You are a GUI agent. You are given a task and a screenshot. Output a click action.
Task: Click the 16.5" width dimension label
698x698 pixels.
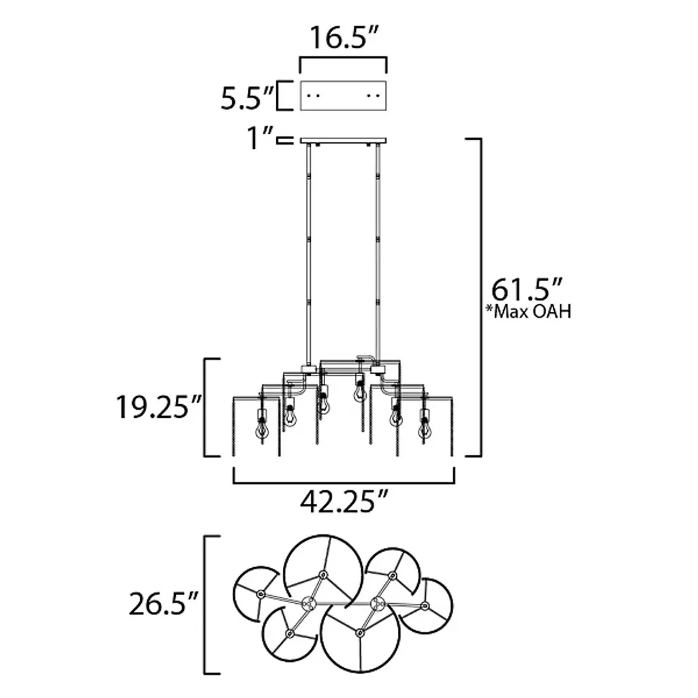coord(344,37)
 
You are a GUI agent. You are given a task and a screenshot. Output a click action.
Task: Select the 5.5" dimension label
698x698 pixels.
coord(247,98)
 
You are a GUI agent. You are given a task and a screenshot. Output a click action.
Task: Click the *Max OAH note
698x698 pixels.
coord(528,312)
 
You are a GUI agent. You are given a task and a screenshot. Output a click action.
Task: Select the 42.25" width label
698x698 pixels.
coord(344,502)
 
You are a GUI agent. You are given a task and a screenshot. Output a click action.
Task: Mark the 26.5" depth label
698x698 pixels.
coord(163,604)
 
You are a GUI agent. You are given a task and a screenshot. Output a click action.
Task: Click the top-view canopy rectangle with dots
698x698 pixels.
coord(344,95)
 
